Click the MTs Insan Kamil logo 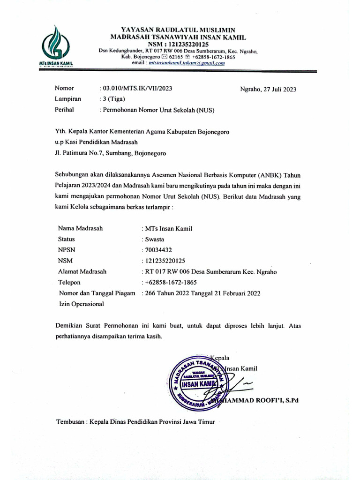tap(55, 46)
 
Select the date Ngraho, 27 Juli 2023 tap(268, 89)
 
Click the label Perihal tap(64, 110)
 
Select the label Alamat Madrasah tap(82, 271)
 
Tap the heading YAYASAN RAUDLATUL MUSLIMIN tap(179, 29)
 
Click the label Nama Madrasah tap(80, 228)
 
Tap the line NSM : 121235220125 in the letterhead tap(179, 44)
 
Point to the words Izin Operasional tap(82, 304)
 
